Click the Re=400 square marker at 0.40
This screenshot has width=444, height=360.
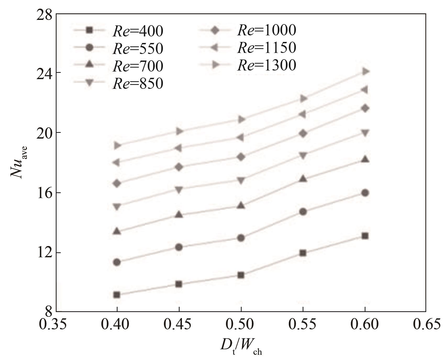tap(117, 295)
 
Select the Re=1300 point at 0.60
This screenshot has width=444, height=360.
tap(365, 71)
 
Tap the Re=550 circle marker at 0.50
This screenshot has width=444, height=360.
tap(241, 238)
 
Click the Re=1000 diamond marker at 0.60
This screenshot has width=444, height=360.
tap(365, 108)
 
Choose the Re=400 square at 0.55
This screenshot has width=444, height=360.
tap(303, 253)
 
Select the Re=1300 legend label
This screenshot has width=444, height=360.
tap(267, 66)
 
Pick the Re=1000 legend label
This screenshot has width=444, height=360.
tap(267, 30)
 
